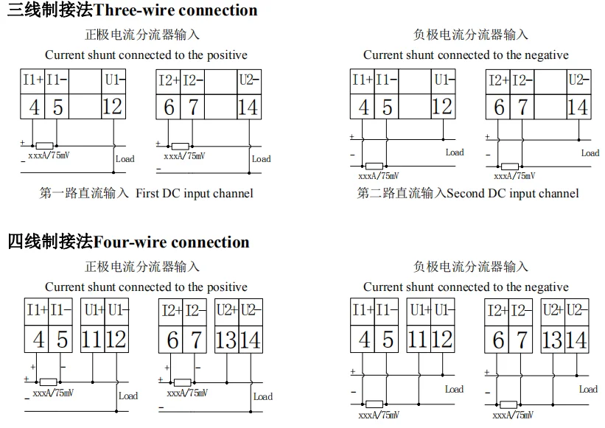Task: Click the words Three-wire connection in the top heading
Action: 176,10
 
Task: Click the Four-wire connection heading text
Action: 172,242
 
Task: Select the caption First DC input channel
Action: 195,193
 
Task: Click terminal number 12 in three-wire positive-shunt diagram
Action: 112,107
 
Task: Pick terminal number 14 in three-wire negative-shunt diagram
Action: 578,107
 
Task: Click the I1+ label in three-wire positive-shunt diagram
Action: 32,80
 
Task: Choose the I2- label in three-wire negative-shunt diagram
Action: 522,80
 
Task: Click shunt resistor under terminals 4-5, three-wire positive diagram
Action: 44,146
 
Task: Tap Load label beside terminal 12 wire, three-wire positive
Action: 125,158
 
